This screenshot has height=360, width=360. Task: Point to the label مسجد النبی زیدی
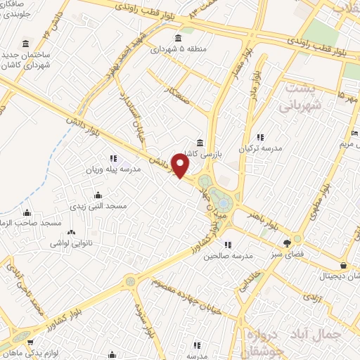point(97,205)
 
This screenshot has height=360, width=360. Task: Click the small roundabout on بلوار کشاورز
point(129,281)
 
